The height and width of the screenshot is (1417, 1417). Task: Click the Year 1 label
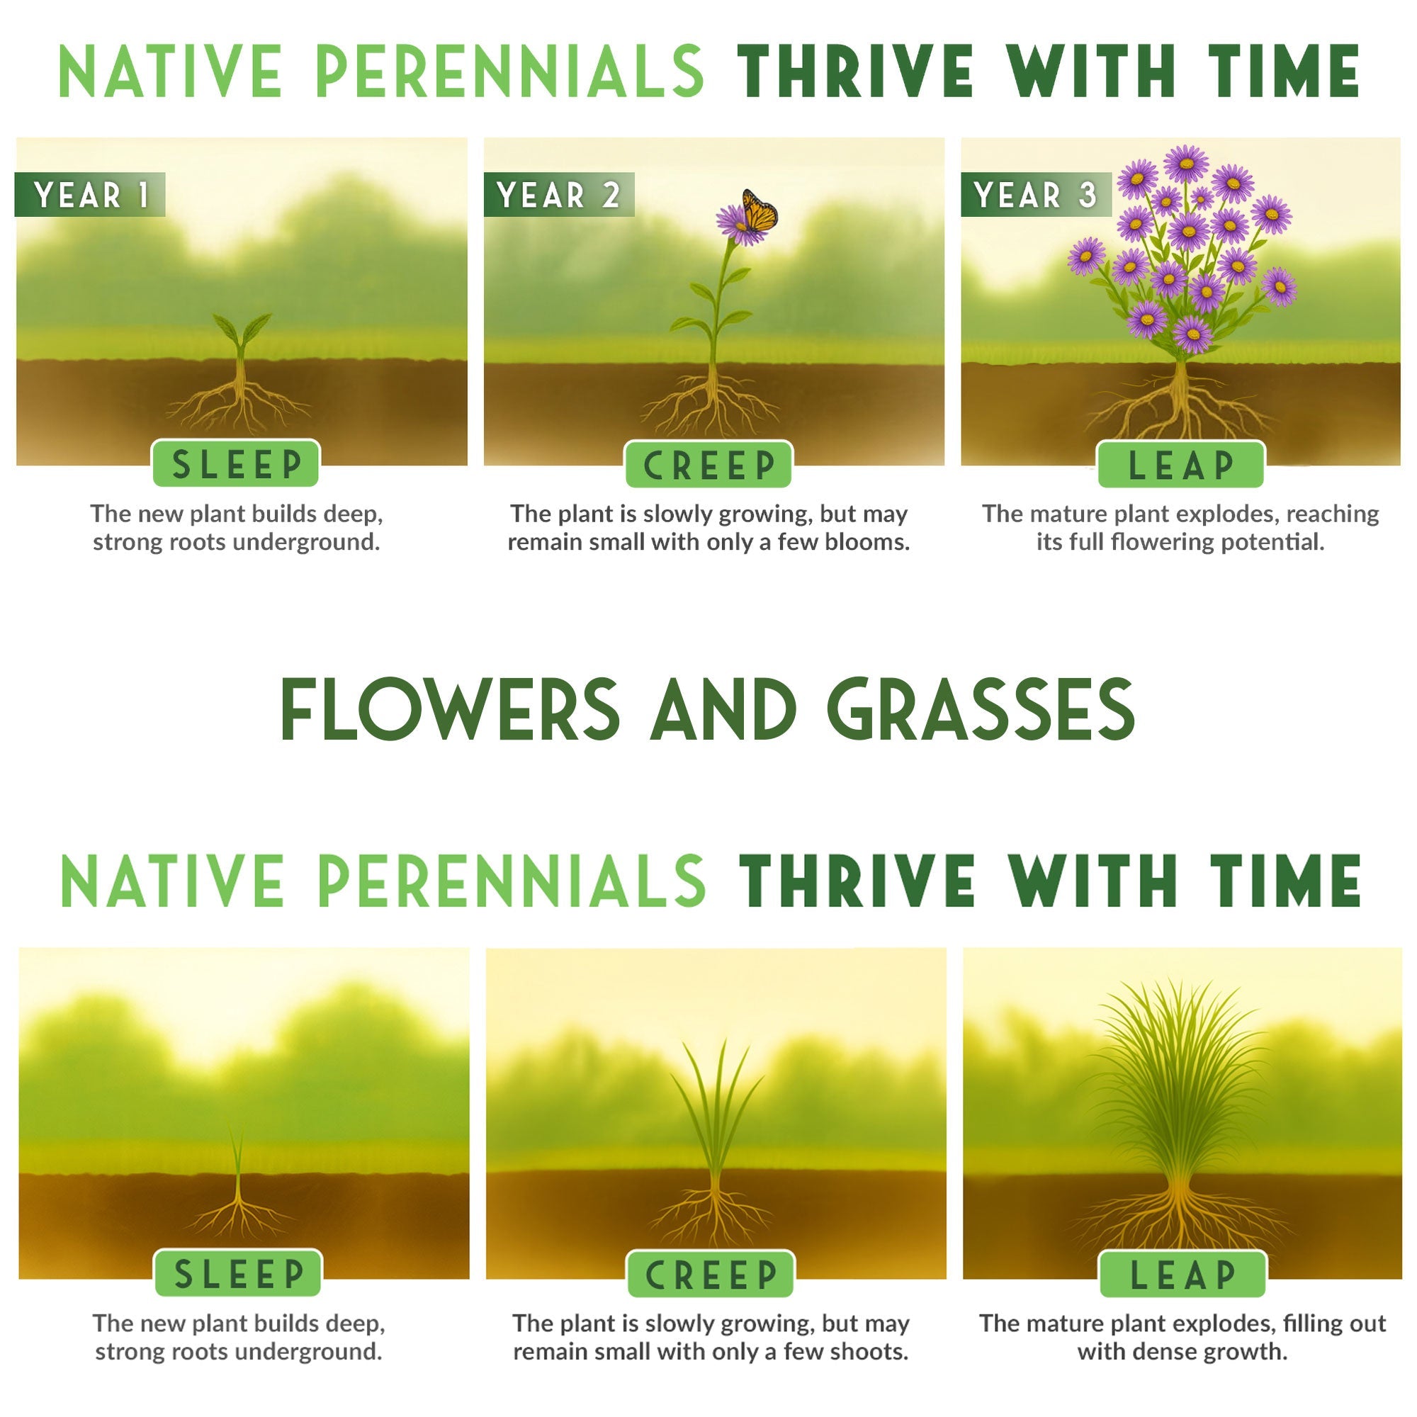pyautogui.click(x=90, y=195)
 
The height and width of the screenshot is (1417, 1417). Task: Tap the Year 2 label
pyautogui.click(x=559, y=195)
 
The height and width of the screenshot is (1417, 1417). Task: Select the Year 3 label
pyautogui.click(x=1035, y=195)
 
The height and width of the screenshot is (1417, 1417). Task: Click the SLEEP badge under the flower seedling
pyautogui.click(x=236, y=463)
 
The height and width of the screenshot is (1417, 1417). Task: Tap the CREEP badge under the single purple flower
pyautogui.click(x=708, y=464)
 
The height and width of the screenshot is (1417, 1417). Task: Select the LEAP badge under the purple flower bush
pyautogui.click(x=1181, y=464)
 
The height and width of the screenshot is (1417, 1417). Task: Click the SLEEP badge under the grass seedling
pyautogui.click(x=238, y=1273)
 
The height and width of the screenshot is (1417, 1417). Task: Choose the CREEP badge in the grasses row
pyautogui.click(x=711, y=1274)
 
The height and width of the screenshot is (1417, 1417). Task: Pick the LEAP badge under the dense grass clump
pyautogui.click(x=1182, y=1274)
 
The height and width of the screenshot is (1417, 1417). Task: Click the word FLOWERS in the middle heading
pyautogui.click(x=451, y=710)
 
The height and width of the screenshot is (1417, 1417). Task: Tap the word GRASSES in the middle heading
pyautogui.click(x=981, y=710)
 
